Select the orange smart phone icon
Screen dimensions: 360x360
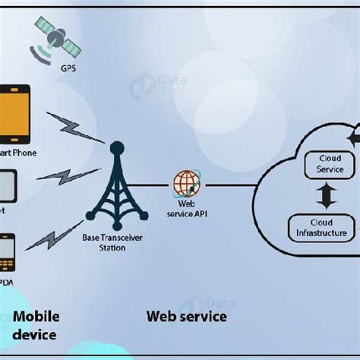[x=14, y=114]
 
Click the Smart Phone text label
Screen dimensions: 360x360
[x=18, y=152]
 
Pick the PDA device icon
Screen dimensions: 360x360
[x=6, y=254]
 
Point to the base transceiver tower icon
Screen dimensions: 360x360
[x=116, y=189]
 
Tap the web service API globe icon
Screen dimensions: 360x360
[x=186, y=183]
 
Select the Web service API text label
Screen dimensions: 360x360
[x=186, y=209]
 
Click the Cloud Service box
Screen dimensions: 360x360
[x=324, y=164]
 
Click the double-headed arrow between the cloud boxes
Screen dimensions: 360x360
[x=326, y=195]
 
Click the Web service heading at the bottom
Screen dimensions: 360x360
[x=186, y=315]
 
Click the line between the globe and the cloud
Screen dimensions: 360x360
[x=228, y=185]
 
